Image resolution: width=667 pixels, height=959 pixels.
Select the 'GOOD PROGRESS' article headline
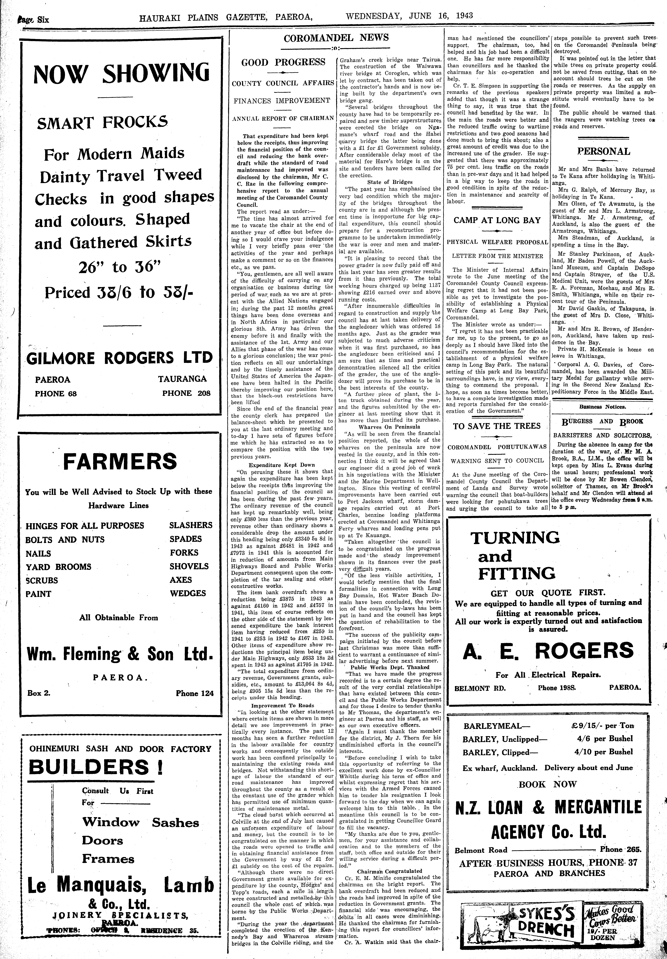[283, 62]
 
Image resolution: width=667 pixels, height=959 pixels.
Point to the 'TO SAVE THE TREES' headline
[497, 426]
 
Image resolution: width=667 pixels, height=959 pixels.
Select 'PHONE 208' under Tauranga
[186, 393]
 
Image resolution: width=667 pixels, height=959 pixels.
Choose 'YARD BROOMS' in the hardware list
[59, 567]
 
